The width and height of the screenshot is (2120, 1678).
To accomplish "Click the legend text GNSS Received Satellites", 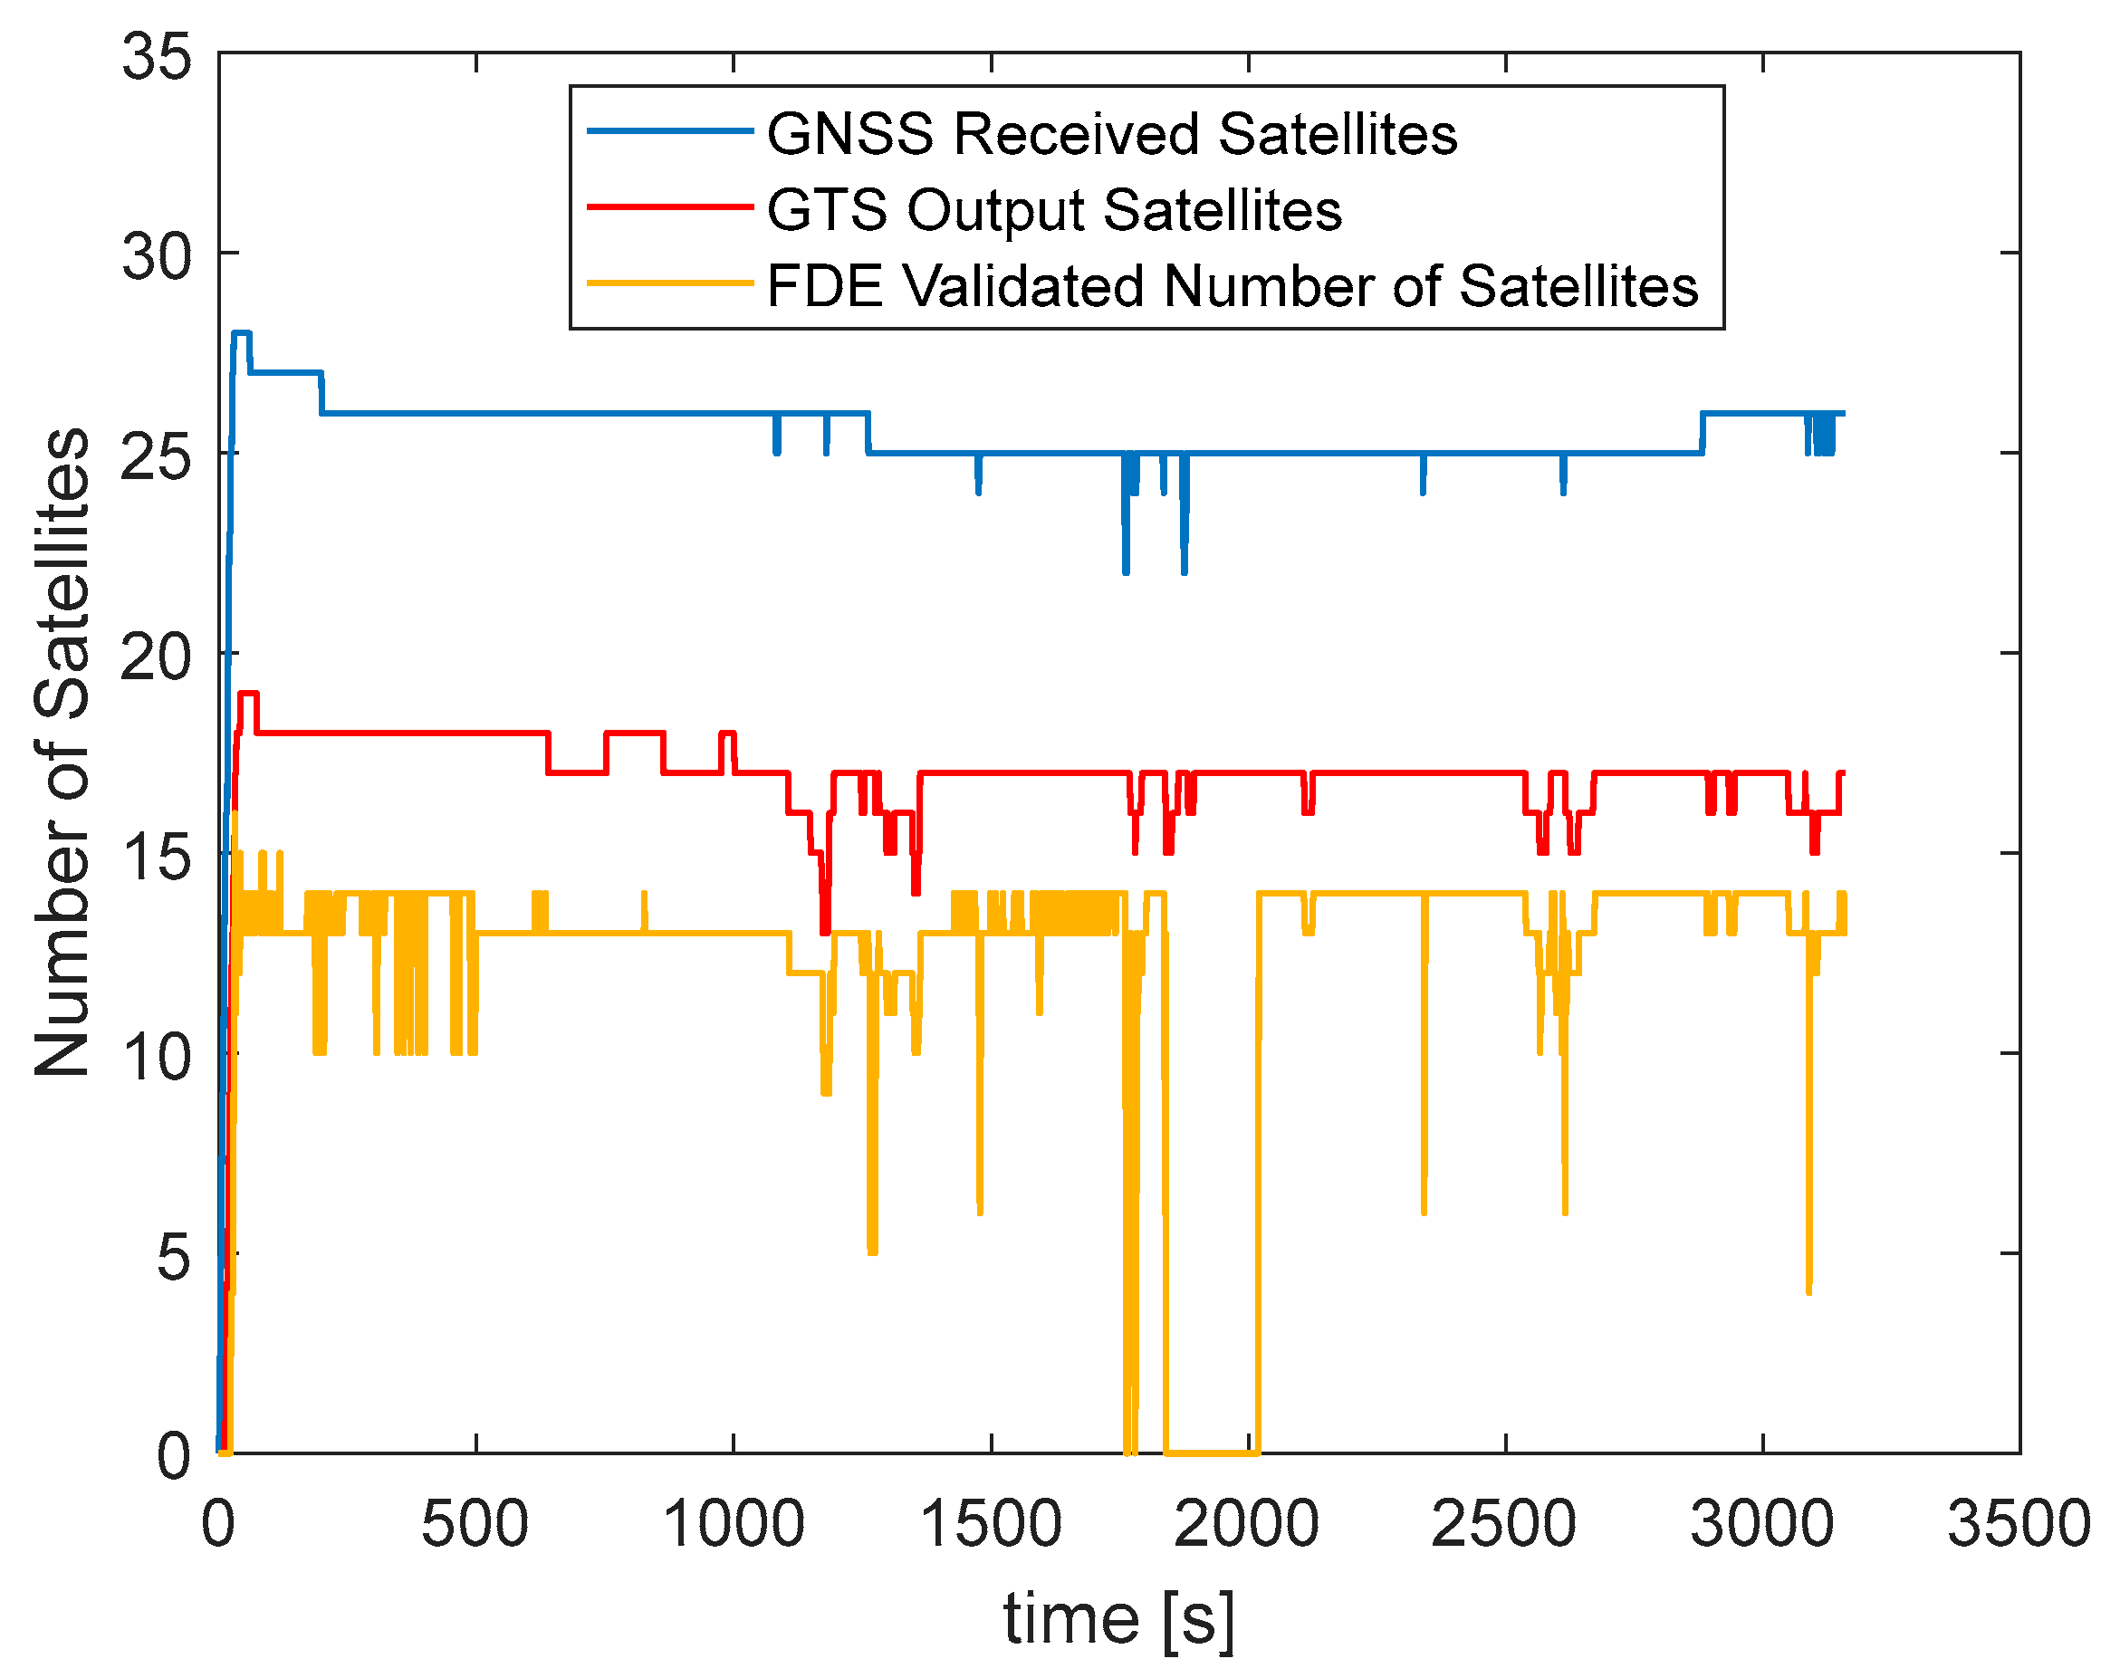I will tap(1111, 134).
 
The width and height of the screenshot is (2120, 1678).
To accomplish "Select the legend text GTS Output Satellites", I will tap(1053, 210).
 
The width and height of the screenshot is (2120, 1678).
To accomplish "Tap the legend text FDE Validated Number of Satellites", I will tap(1232, 287).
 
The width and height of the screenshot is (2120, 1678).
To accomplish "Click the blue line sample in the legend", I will tap(670, 130).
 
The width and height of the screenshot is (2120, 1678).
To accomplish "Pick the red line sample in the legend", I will tap(670, 207).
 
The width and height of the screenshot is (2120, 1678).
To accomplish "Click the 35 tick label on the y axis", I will tap(156, 56).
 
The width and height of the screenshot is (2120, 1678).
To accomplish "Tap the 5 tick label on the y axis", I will tap(173, 1257).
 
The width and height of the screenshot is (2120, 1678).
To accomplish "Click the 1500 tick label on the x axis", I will tap(990, 1526).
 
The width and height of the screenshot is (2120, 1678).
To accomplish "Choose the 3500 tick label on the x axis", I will tap(2019, 1526).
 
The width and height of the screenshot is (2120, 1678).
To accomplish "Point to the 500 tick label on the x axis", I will tap(475, 1526).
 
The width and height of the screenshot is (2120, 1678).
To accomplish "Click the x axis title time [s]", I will tap(1118, 1618).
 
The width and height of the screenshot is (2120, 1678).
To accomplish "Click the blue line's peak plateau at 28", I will tap(242, 333).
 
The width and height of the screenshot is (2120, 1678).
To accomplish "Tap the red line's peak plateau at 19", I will tap(248, 694).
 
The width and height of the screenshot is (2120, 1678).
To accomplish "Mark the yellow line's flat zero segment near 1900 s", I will tap(1210, 1452).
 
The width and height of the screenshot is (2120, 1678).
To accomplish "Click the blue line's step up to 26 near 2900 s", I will tap(1703, 432).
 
